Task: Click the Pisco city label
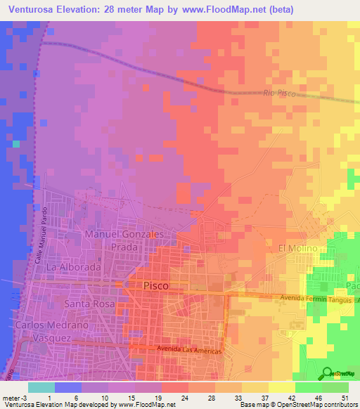click(156, 286)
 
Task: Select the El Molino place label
click(299, 249)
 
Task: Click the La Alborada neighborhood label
click(70, 268)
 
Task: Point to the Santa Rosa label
click(85, 304)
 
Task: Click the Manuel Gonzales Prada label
click(124, 240)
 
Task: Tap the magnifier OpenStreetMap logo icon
click(327, 373)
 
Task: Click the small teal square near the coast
click(16, 143)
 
